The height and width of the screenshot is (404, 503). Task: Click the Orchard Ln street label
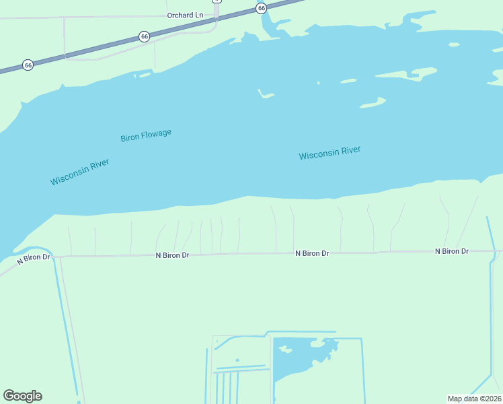click(185, 15)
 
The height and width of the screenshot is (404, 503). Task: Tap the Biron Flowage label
click(146, 135)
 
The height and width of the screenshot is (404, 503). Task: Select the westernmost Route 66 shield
click(28, 65)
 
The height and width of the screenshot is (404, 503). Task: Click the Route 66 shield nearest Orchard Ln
click(144, 36)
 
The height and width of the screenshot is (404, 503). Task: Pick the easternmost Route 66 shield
click(261, 8)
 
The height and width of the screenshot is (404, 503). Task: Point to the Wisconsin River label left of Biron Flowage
click(79, 172)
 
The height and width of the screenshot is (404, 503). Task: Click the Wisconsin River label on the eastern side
click(330, 153)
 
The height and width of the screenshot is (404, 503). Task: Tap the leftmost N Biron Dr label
click(34, 258)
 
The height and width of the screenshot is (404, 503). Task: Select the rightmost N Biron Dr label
click(451, 251)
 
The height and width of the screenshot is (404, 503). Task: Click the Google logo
click(22, 396)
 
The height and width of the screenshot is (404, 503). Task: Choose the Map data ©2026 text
click(474, 399)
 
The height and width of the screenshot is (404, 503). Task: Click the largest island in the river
click(414, 72)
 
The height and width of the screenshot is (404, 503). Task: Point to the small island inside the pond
click(284, 349)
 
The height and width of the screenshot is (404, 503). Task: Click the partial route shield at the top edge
click(217, 1)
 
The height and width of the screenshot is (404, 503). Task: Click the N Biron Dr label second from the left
click(173, 255)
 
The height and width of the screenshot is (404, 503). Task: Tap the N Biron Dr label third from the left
click(312, 253)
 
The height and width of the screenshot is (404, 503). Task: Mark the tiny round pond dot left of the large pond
click(237, 360)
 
